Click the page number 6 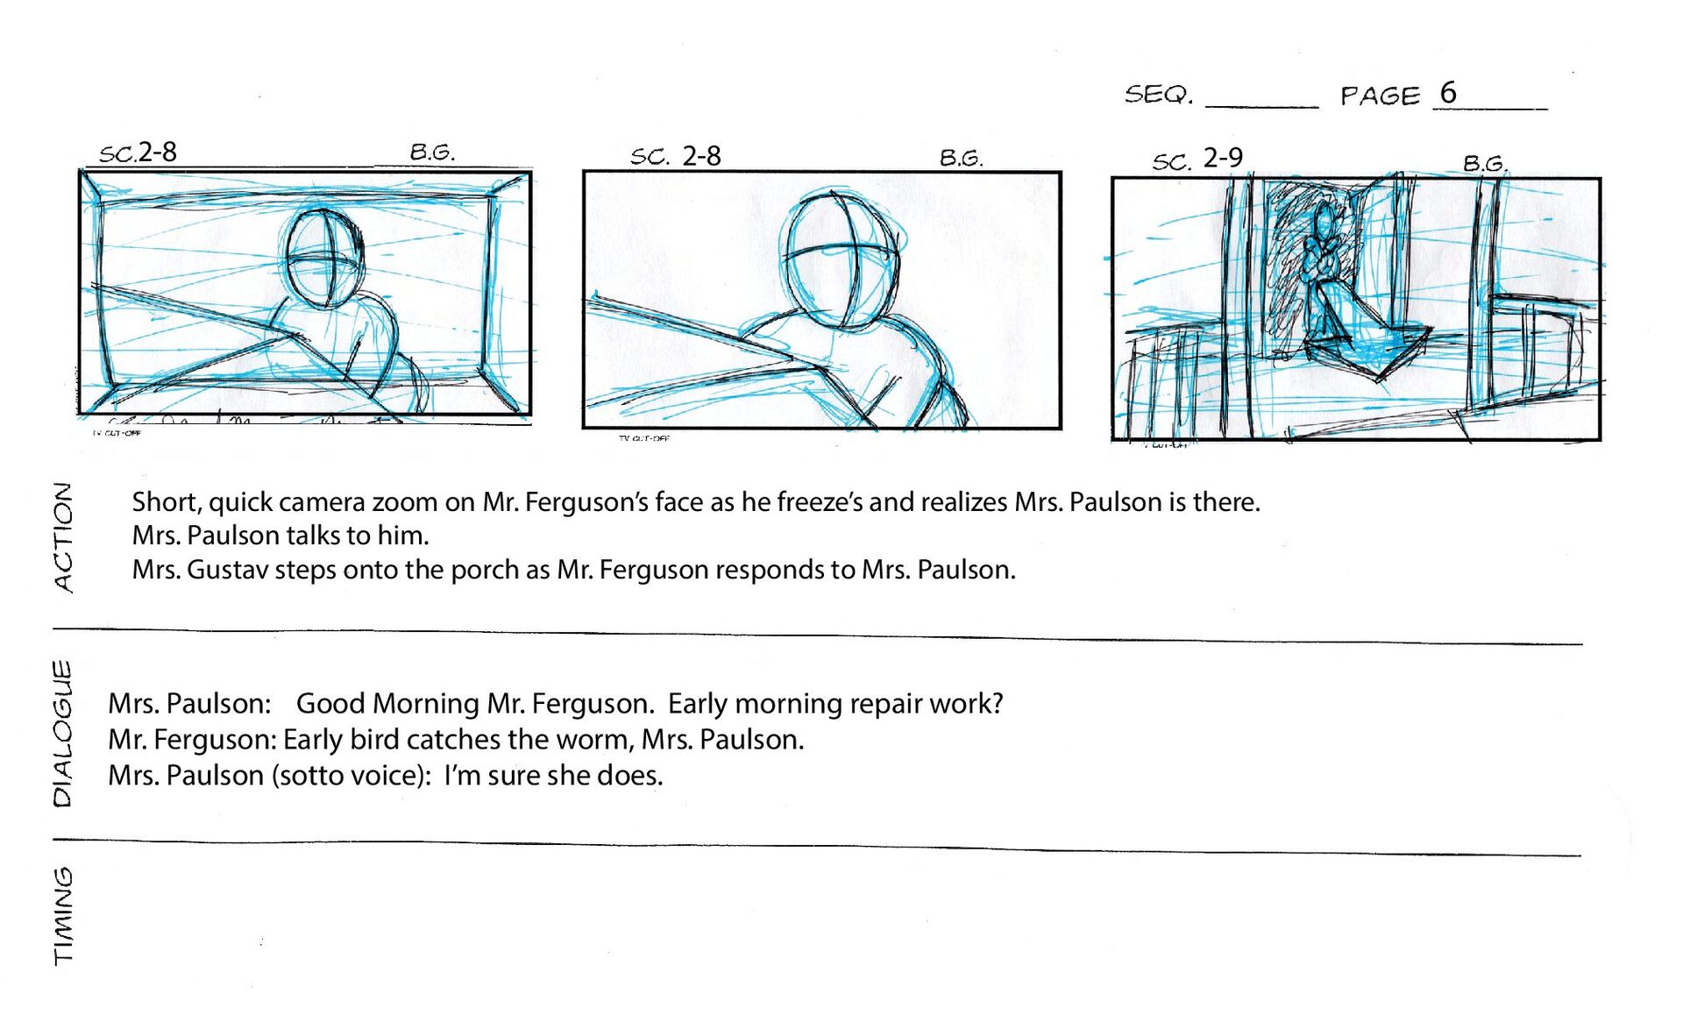1448,92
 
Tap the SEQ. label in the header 1159,94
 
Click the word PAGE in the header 1380,96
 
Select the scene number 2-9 1223,158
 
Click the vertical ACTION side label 63,537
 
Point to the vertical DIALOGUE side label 62,733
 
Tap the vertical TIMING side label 63,916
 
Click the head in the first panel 323,257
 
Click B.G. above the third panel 1485,163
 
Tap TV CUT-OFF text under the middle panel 644,437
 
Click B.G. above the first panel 432,152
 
